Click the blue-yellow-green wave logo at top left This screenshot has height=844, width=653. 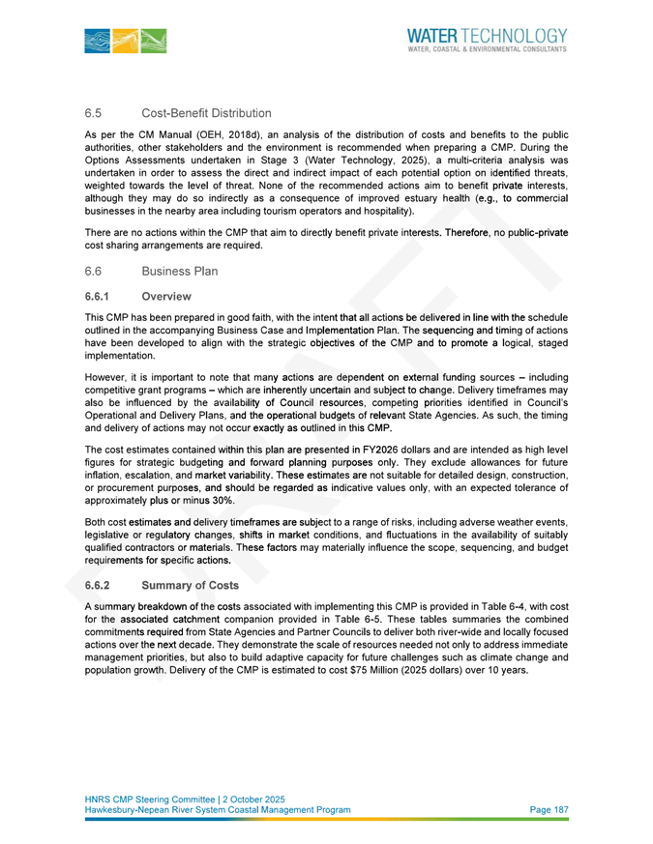(x=125, y=40)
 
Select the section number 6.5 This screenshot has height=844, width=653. (x=94, y=114)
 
